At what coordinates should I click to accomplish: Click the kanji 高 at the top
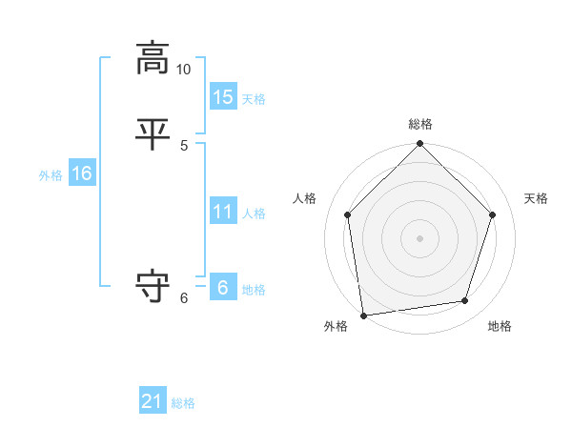point(153,58)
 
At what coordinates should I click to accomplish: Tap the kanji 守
point(153,286)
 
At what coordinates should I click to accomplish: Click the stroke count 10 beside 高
point(184,70)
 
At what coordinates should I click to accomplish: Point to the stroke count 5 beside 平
point(184,145)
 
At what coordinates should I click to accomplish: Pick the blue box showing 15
point(223,97)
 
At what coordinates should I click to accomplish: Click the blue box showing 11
point(223,212)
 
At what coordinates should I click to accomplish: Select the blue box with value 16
point(82,173)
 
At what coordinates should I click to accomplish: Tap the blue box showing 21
point(153,401)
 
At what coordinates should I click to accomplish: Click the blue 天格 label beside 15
point(254,99)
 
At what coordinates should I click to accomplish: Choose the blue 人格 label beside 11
point(254,214)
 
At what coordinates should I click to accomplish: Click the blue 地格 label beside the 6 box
point(254,290)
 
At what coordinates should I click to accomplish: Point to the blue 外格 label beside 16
point(51,175)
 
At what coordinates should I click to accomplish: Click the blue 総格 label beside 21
point(183,403)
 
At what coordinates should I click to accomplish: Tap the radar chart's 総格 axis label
point(420,124)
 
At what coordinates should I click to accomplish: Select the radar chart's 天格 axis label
point(537,198)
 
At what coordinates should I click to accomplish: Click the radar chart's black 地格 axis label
point(500,326)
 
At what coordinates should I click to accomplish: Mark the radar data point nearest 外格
point(363,315)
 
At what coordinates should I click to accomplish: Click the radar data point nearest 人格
point(347,214)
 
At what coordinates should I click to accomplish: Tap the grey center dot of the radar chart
point(420,237)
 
